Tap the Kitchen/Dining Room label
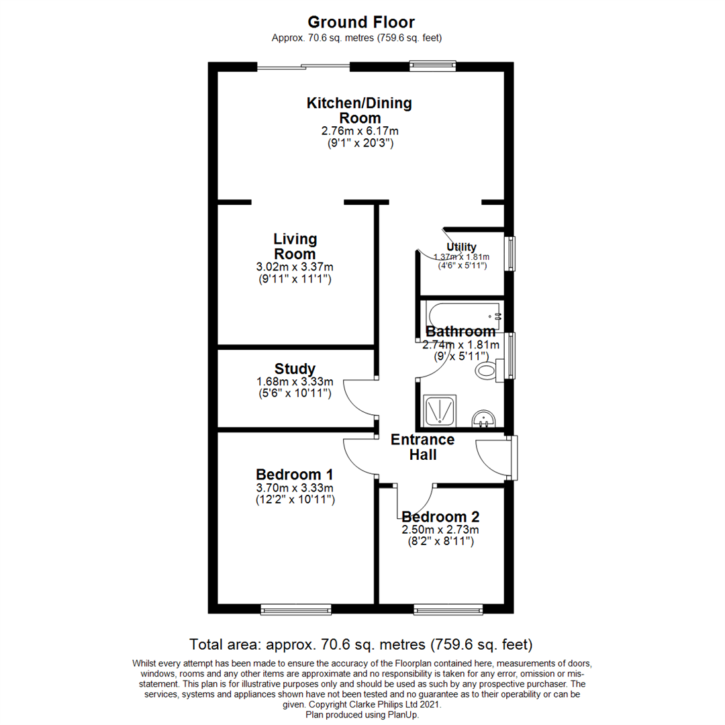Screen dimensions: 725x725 point(359,111)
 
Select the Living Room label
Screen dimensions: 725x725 point(295,246)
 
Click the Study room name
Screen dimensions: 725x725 point(295,369)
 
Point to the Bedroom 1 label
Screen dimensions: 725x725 point(295,474)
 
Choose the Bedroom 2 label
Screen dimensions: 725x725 point(440,517)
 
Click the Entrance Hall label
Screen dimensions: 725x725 point(423,447)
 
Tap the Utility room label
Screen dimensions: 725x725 point(461,247)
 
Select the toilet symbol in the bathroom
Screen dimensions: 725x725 point(487,370)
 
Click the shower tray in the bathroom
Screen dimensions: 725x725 point(440,410)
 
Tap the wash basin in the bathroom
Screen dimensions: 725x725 point(483,419)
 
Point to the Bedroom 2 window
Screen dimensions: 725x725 point(448,610)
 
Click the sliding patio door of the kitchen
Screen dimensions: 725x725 point(303,66)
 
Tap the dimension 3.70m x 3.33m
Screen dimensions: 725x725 point(295,487)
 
